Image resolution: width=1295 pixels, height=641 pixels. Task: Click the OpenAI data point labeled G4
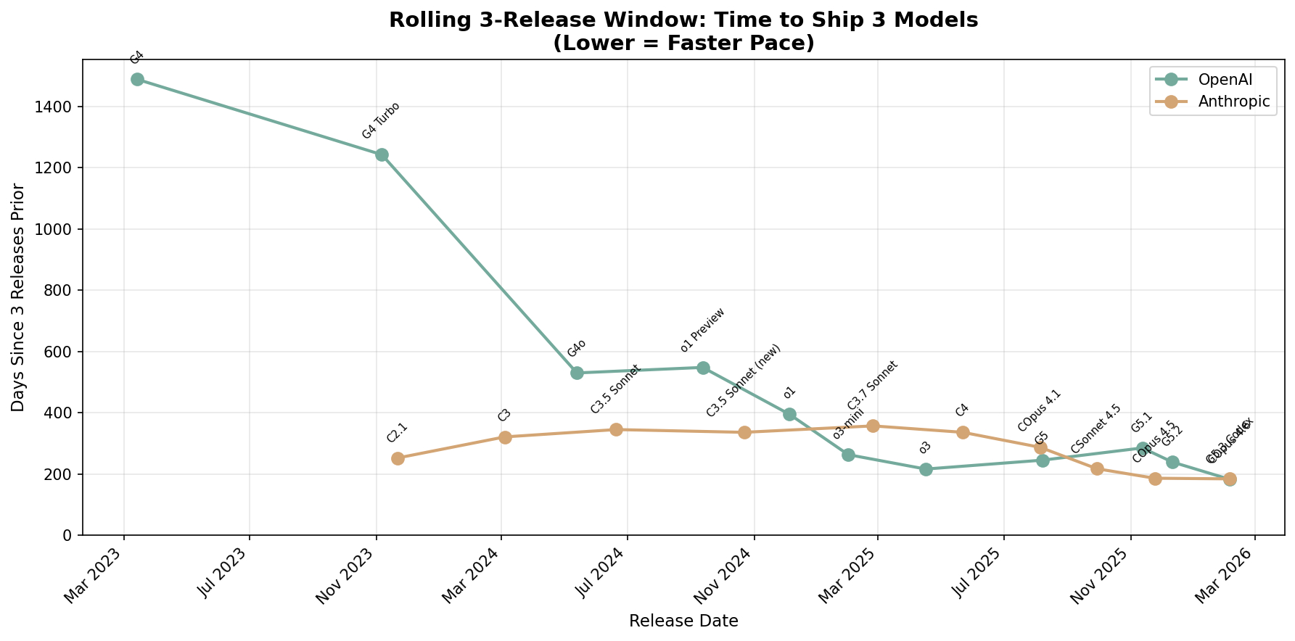[137, 79]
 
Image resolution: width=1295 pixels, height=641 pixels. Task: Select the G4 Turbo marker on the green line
[382, 154]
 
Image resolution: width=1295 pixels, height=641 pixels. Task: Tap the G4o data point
[577, 373]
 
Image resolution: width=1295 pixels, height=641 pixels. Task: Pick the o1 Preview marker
[703, 368]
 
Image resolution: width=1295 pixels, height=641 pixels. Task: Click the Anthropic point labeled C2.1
[398, 458]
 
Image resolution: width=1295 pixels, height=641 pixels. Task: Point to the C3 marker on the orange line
[505, 437]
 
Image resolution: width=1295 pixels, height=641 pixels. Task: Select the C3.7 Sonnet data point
[873, 426]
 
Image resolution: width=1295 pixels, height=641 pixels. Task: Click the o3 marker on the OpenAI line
[926, 469]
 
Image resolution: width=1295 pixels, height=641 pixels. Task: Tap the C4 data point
[963, 432]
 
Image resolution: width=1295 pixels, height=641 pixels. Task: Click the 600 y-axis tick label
[62, 352]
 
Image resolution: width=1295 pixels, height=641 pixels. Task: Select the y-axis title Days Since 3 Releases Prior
[18, 297]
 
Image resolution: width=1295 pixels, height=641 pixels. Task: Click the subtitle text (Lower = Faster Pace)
[683, 44]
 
